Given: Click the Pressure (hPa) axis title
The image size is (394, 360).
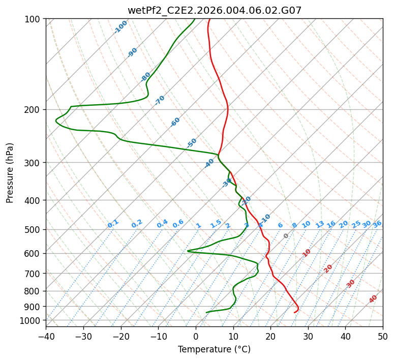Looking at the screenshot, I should pos(10,172).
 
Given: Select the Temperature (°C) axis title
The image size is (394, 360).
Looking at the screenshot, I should pos(214,350).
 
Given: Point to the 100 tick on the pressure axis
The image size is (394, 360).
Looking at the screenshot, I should pos(34,19).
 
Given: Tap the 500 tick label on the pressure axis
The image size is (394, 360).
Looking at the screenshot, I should pos(34,230).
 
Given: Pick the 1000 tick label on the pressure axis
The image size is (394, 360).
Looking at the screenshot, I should pos(32,320).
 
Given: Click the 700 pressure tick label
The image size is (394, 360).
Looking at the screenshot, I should pos(34,274).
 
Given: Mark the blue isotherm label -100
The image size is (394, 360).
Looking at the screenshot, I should pos(120,27).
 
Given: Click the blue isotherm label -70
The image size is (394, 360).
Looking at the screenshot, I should pos(160,100).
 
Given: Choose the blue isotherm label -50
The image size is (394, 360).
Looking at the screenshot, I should pos(192,143).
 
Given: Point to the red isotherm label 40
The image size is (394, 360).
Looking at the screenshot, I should pos(373,299).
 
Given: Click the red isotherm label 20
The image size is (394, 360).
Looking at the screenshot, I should pos(328,268).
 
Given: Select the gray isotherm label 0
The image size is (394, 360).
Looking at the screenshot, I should pos(286,236).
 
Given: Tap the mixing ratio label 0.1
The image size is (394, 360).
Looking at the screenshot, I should pos(113,223).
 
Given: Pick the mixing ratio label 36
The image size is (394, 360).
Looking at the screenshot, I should pos(377,224).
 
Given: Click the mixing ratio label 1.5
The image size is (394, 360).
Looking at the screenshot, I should pos(216,223).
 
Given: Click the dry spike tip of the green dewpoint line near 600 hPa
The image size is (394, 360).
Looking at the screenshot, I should pos(188,251).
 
